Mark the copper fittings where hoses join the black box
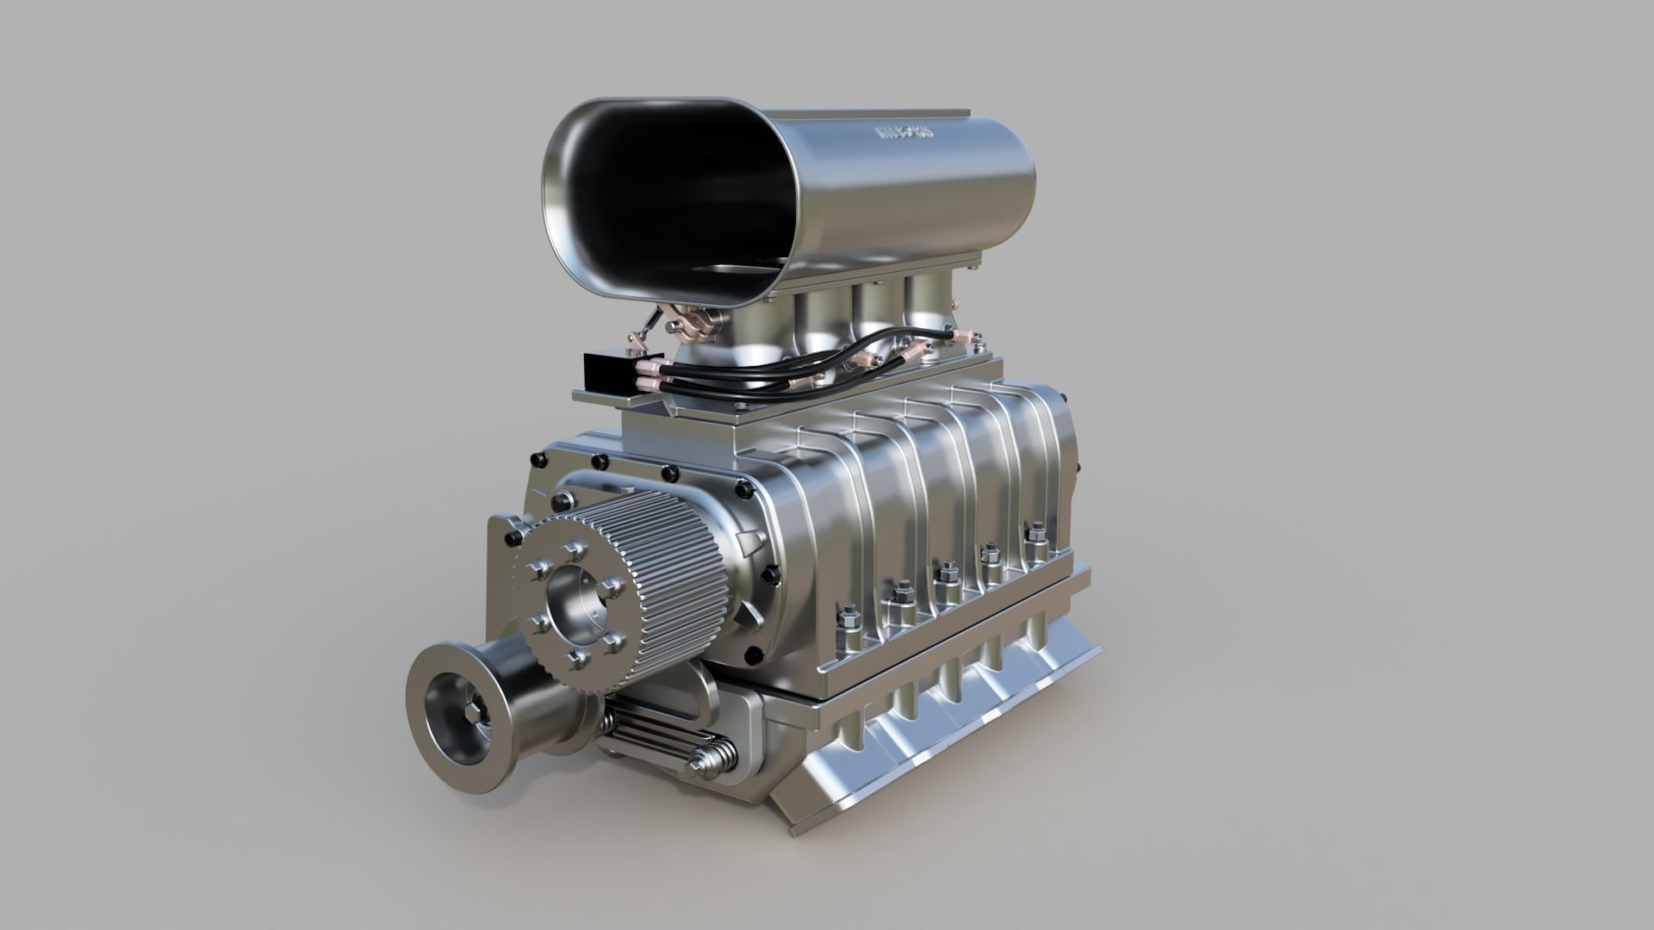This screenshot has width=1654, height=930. coord(650,379)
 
